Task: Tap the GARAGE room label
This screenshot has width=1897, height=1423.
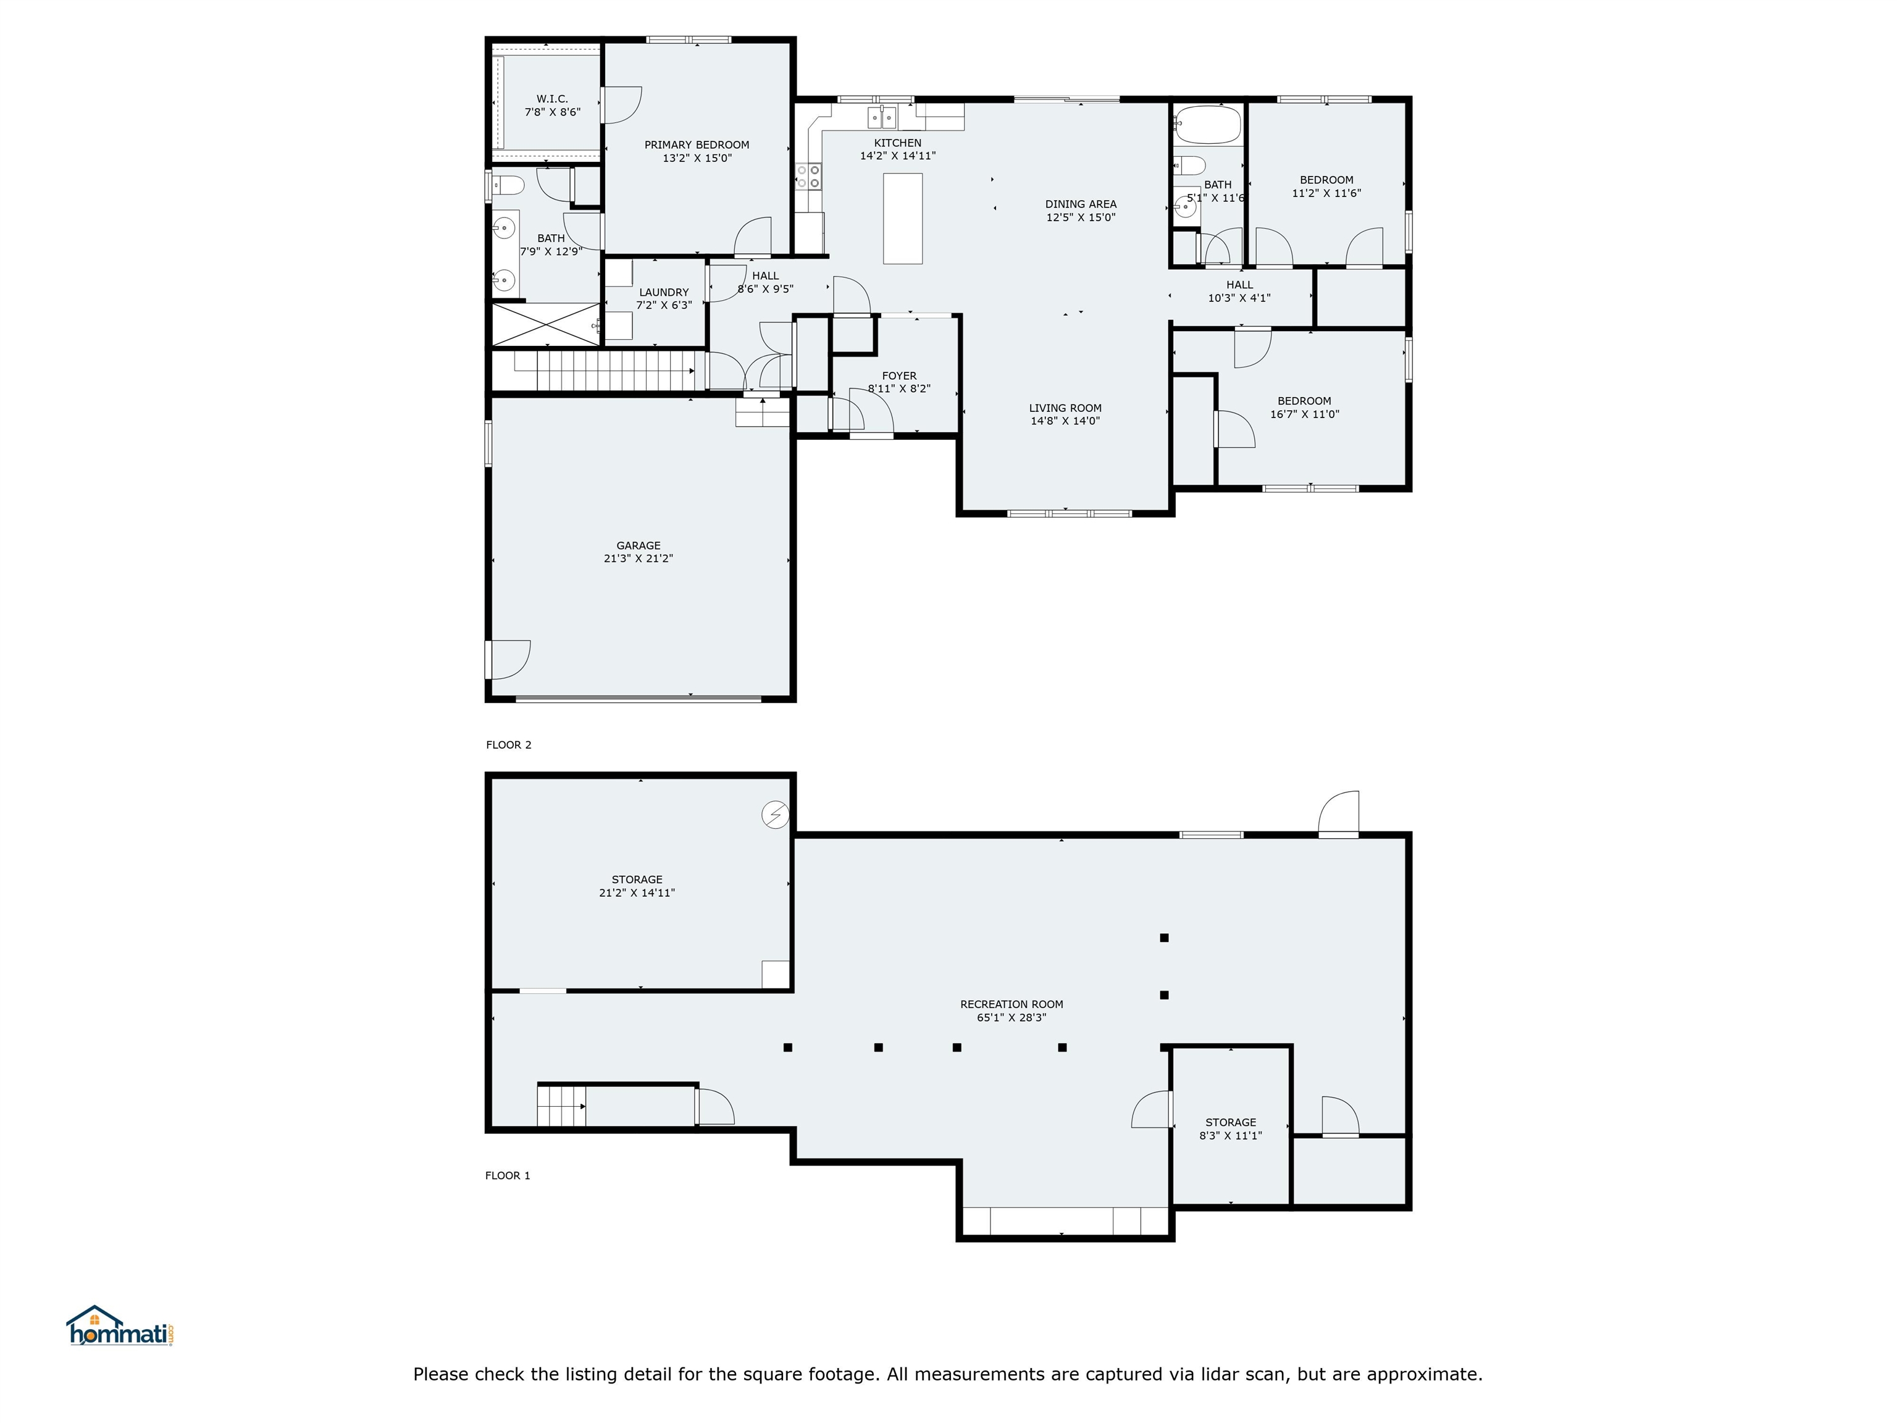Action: [638, 545]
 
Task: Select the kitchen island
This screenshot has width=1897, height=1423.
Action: [903, 219]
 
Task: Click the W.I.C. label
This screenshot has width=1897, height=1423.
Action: [552, 99]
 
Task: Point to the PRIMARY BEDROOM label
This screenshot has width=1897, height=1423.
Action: [697, 145]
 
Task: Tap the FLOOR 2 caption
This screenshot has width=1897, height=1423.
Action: [509, 744]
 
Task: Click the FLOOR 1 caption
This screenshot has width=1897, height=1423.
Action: [508, 1175]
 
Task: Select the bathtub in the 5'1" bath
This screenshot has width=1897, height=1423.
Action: [1207, 124]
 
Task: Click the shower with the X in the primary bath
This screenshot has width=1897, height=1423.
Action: [546, 324]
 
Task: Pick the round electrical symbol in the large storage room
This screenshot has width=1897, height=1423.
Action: [775, 814]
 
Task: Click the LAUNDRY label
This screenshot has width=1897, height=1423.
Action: [664, 293]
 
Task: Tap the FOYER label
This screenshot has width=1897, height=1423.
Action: [898, 376]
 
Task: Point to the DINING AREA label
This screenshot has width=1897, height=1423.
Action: [1081, 204]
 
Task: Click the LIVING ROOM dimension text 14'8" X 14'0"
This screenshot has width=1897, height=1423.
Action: [1065, 421]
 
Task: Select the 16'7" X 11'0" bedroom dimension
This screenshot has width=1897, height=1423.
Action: [1304, 414]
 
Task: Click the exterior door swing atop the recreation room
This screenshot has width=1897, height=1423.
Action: [1339, 812]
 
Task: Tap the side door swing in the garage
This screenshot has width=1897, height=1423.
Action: [509, 660]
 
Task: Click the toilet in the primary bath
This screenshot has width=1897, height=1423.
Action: [509, 185]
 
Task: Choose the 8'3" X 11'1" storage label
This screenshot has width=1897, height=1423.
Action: [1231, 1136]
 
